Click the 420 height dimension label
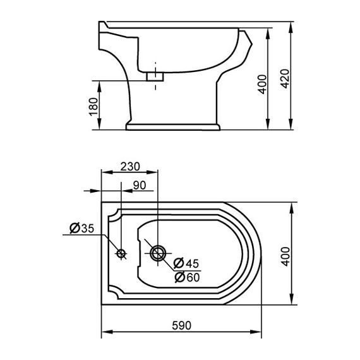pyautogui.click(x=285, y=78)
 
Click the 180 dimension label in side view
pyautogui.click(x=93, y=107)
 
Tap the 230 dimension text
pyautogui.click(x=130, y=167)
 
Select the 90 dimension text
pyautogui.click(x=140, y=185)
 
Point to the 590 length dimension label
pyautogui.click(x=181, y=325)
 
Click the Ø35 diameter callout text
pyautogui.click(x=81, y=228)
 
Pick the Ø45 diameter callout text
pyautogui.click(x=186, y=263)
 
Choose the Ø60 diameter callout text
pyautogui.click(x=187, y=277)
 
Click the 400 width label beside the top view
pyautogui.click(x=285, y=256)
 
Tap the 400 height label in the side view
pyautogui.click(x=263, y=84)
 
